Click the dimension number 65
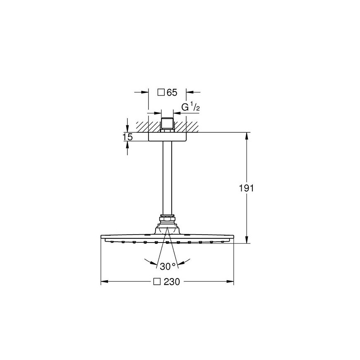172,93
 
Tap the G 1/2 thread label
190,108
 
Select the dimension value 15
127,137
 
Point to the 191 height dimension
246,188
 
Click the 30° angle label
168,266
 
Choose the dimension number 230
172,282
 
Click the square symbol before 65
161,93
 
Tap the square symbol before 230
157,282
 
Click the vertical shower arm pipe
167,178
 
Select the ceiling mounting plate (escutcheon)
167,137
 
